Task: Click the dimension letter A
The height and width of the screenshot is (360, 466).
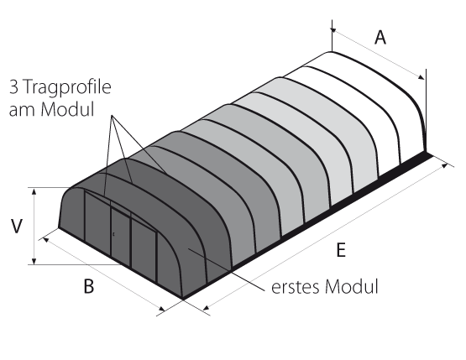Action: click(380, 38)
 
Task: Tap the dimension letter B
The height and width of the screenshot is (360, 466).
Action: click(88, 286)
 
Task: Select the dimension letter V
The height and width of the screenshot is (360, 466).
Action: click(17, 227)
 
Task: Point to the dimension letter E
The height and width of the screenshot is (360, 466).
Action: click(341, 249)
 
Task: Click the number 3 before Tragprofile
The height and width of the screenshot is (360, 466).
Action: click(13, 87)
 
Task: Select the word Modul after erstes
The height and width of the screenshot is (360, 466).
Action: click(352, 286)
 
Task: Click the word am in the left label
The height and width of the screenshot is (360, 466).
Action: click(23, 110)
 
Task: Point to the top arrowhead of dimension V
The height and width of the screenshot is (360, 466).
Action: click(34, 191)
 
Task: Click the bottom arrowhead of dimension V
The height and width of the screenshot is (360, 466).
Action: click(34, 261)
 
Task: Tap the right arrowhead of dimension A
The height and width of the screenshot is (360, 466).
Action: click(421, 77)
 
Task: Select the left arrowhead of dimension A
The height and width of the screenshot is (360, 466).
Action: click(333, 30)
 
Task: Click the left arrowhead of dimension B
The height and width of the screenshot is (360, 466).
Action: click(46, 239)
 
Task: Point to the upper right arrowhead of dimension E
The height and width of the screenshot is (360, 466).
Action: click(445, 165)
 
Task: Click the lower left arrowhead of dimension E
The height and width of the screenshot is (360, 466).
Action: click(207, 307)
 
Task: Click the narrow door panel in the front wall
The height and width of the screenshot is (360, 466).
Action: click(120, 235)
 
